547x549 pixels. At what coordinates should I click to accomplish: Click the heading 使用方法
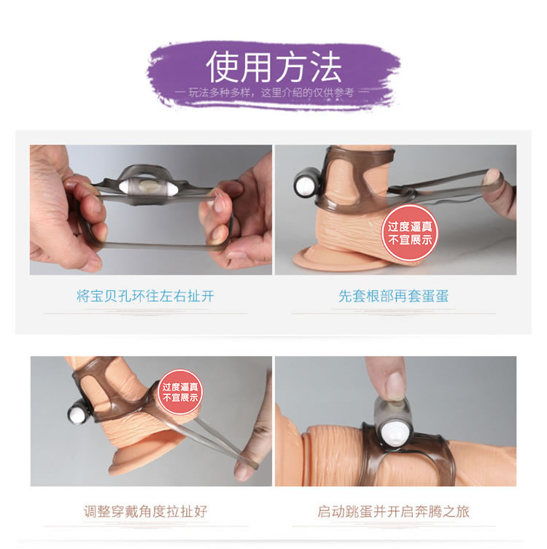(x=273, y=66)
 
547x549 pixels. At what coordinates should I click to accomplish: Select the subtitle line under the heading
(x=273, y=93)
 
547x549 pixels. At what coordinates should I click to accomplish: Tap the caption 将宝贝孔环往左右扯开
(x=145, y=296)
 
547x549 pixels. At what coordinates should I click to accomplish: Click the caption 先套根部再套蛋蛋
(x=393, y=296)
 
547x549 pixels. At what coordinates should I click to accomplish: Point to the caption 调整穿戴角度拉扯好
(x=145, y=512)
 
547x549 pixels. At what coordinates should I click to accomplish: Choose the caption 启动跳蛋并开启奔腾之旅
(x=393, y=512)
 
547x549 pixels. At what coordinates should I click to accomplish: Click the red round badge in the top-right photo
(x=410, y=233)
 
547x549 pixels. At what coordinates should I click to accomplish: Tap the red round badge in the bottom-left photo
(x=180, y=392)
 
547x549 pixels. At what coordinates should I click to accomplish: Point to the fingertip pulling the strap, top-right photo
(x=494, y=175)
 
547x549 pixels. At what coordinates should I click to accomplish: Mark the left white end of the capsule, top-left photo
(x=125, y=187)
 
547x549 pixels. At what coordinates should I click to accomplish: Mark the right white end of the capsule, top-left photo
(x=175, y=188)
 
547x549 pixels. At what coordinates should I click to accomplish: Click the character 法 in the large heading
(x=325, y=66)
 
